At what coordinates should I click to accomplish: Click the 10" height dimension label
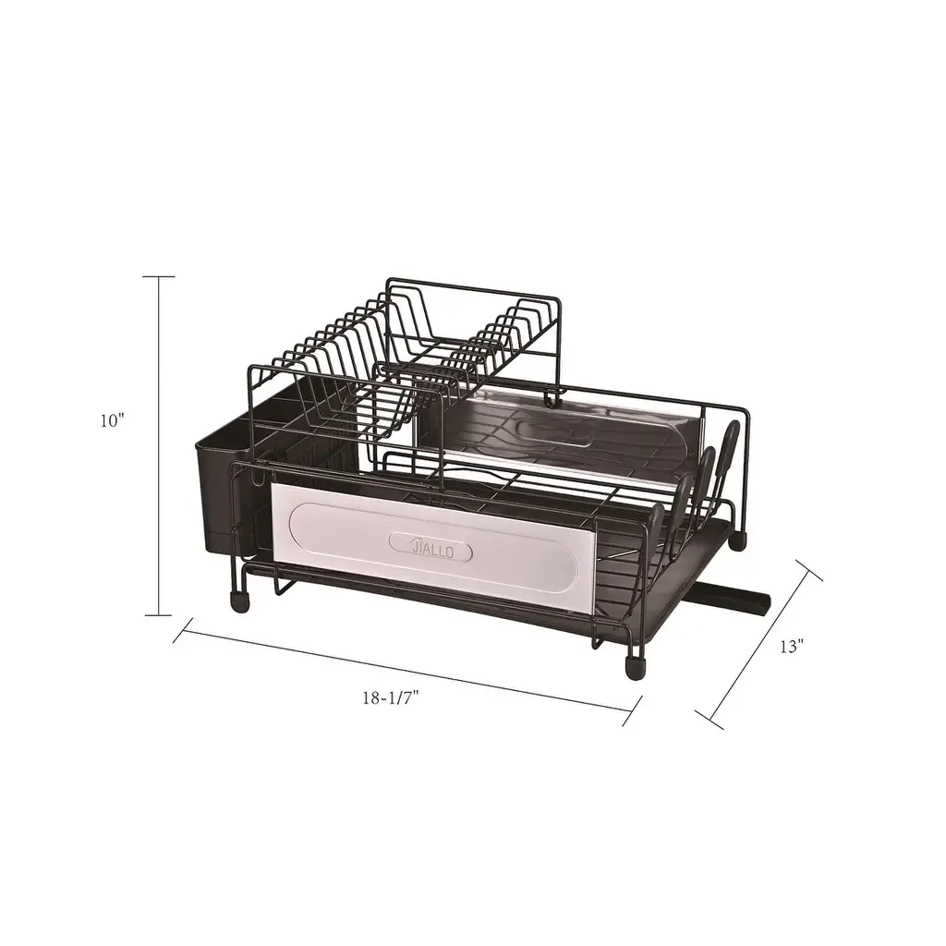[x=112, y=420]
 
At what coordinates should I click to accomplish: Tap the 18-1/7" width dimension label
[x=391, y=698]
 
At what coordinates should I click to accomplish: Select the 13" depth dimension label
[x=792, y=646]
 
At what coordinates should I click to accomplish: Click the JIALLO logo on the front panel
[x=431, y=549]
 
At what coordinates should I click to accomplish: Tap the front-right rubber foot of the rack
[x=635, y=669]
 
